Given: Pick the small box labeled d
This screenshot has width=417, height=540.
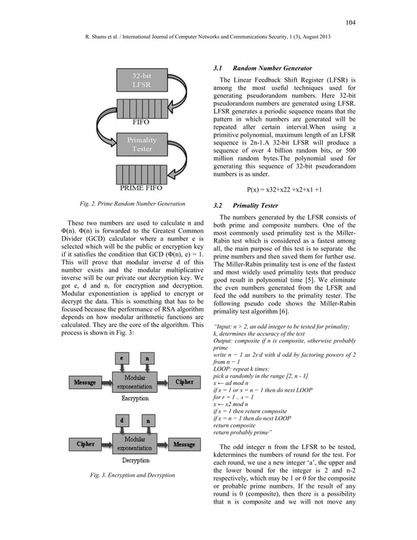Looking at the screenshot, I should (122, 420).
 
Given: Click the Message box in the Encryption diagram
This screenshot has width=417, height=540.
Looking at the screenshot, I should (84, 382).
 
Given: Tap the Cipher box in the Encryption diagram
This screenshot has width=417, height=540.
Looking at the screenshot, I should (184, 382).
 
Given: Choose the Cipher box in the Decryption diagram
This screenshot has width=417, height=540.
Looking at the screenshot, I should (86, 444).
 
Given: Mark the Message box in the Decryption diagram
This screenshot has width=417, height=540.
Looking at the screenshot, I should (185, 444).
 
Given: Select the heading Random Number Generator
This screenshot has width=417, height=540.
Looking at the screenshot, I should (270, 68).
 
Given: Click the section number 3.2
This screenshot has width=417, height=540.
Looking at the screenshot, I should (220, 205).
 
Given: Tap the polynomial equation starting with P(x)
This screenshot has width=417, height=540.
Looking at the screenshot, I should (284, 190).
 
